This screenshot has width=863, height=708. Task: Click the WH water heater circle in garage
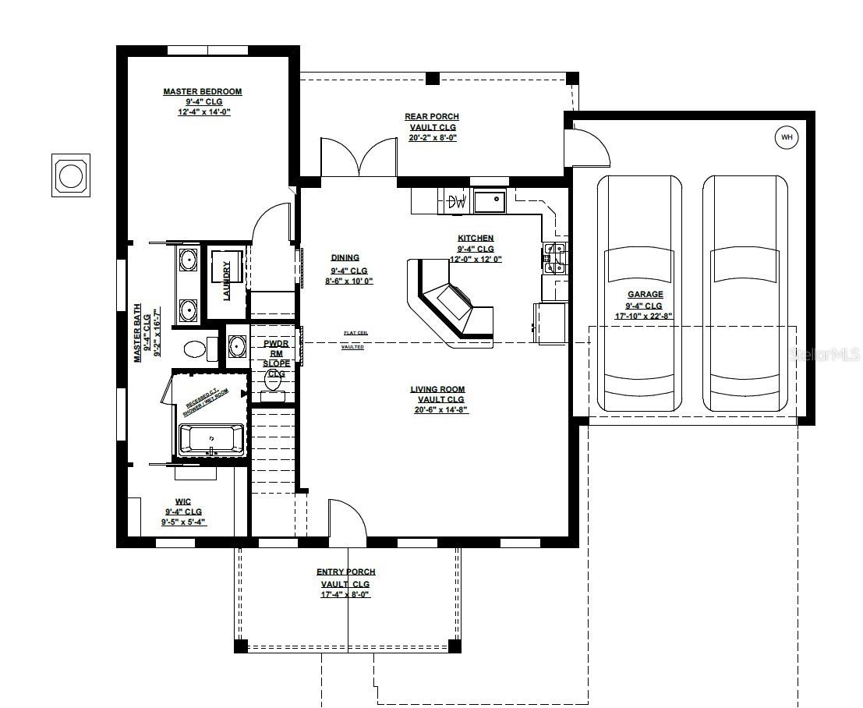tap(786, 138)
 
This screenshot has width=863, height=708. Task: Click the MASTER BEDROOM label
tap(203, 91)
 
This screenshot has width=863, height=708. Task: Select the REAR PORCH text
tap(431, 117)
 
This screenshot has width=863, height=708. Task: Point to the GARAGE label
tap(645, 295)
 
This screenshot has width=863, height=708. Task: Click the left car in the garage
tap(639, 292)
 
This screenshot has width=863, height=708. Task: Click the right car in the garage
tap(745, 292)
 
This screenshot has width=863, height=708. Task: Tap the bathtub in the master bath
tap(212, 440)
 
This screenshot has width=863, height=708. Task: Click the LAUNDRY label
tap(227, 280)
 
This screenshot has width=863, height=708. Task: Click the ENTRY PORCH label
tap(345, 572)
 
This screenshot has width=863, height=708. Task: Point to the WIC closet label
tap(183, 501)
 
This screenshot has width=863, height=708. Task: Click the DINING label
tap(345, 257)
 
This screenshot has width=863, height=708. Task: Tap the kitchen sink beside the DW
tap(489, 202)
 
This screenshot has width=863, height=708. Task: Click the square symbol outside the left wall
tap(71, 175)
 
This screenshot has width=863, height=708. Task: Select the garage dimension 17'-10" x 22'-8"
tap(645, 317)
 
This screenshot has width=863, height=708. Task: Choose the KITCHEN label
tap(476, 239)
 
